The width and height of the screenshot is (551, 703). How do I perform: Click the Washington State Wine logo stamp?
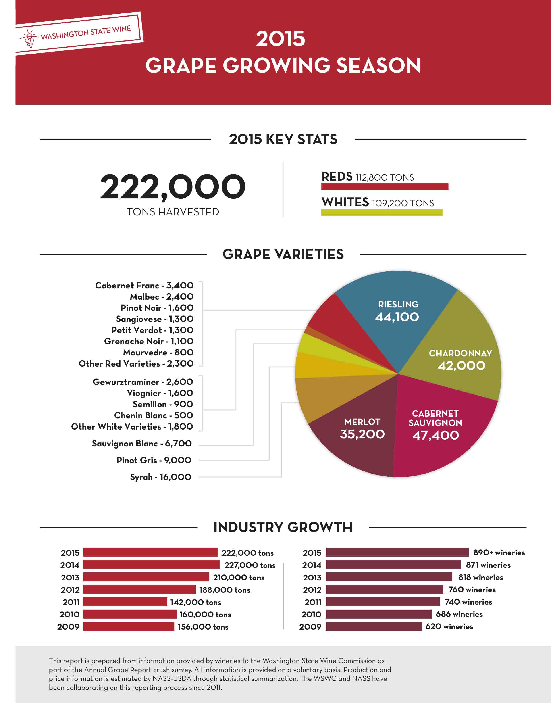tap(79, 33)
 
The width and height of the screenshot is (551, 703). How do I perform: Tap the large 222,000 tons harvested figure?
tap(173, 187)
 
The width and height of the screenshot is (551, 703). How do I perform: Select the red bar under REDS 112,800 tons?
tap(385, 186)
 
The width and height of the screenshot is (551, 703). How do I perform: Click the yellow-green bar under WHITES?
tap(382, 212)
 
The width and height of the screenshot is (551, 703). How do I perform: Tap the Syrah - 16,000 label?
tap(160, 477)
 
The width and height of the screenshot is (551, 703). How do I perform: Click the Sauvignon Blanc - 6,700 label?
tap(142, 443)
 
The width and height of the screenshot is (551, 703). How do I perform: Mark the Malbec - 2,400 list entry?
tap(162, 296)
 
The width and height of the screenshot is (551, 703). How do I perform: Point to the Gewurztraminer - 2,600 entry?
tap(143, 382)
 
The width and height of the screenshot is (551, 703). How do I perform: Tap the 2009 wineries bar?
tap(373, 626)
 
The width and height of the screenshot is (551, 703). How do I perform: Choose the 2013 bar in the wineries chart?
tap(389, 577)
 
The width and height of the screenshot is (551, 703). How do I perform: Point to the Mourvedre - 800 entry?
tap(158, 352)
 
